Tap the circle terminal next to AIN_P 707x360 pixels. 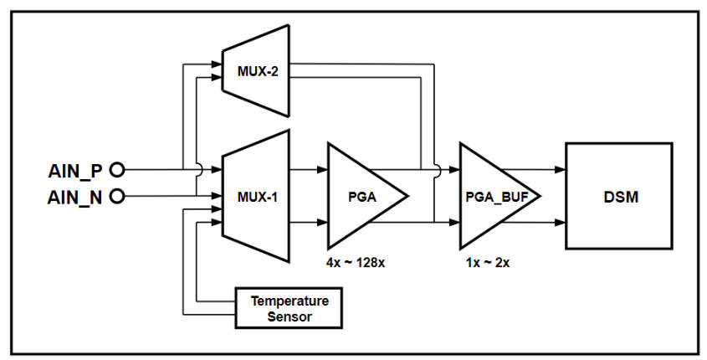[117, 170]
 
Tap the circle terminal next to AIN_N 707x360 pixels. [117, 197]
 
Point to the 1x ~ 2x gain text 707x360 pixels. [488, 262]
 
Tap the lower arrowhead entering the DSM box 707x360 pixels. [561, 224]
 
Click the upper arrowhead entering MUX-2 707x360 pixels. [216, 63]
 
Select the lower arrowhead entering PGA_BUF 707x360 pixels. [454, 223]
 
